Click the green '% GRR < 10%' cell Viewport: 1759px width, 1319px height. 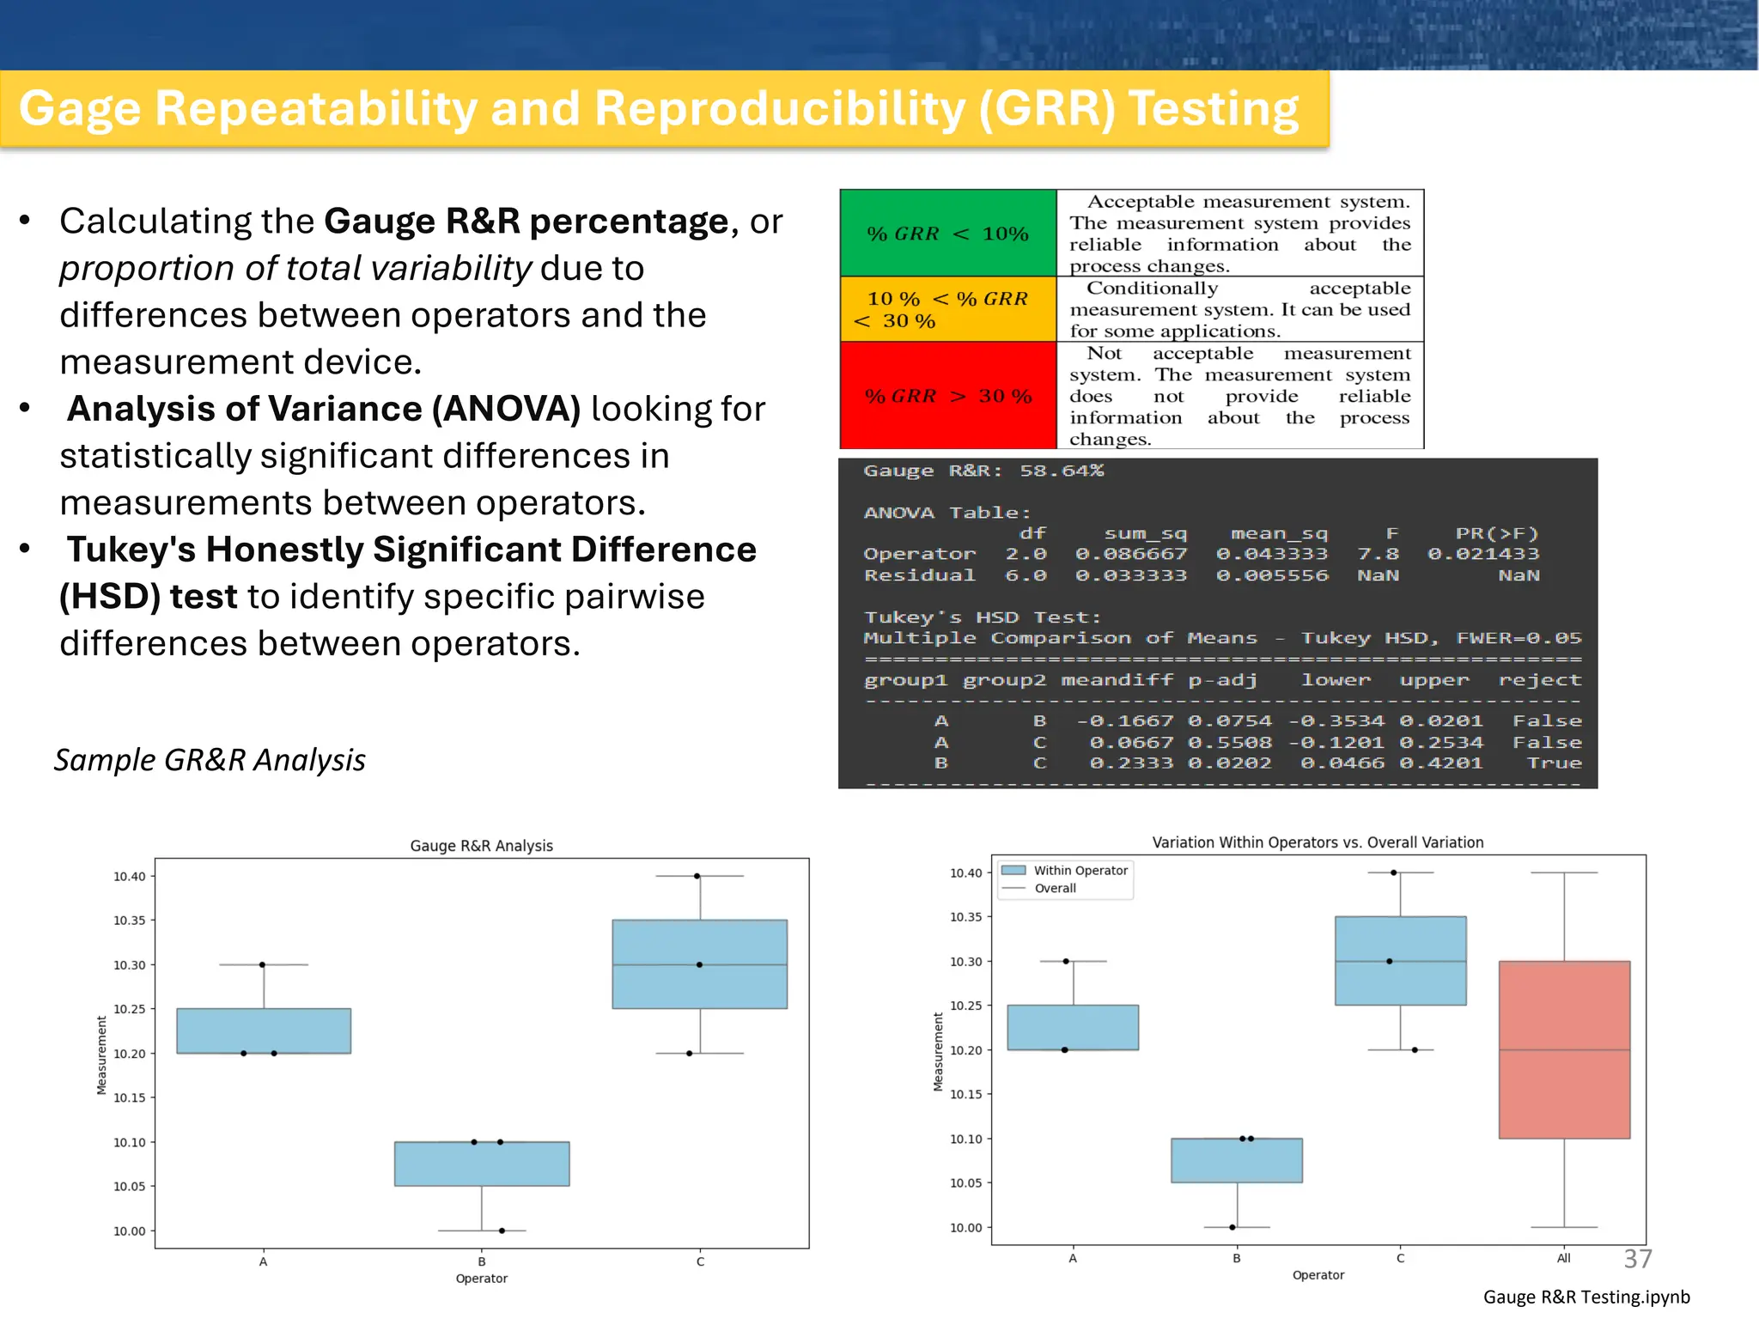pyautogui.click(x=947, y=233)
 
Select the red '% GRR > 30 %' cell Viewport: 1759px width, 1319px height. pyautogui.click(x=947, y=396)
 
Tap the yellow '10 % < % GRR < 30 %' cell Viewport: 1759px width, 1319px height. pyautogui.click(x=947, y=309)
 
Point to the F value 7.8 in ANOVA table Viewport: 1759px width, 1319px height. pyautogui.click(x=1378, y=554)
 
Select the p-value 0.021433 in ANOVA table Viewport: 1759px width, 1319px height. pyautogui.click(x=1483, y=554)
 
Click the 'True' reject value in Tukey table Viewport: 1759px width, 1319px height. pyautogui.click(x=1554, y=763)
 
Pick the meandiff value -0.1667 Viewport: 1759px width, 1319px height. pyautogui.click(x=1124, y=721)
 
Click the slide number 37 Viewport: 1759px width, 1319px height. pyautogui.click(x=1637, y=1259)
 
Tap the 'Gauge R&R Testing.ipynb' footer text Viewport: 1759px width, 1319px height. pyautogui.click(x=1586, y=1297)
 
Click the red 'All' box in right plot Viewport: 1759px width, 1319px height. pyautogui.click(x=1564, y=1049)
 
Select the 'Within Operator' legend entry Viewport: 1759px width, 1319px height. pyautogui.click(x=1080, y=871)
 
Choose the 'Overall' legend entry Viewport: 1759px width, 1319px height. pyautogui.click(x=1055, y=889)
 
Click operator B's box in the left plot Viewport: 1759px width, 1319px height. pyautogui.click(x=482, y=1164)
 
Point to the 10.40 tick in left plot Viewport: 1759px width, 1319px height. pyautogui.click(x=129, y=877)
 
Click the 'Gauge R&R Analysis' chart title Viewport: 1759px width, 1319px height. pyautogui.click(x=481, y=846)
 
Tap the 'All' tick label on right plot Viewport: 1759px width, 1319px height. pyautogui.click(x=1563, y=1258)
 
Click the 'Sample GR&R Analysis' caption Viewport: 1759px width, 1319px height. pyautogui.click(x=210, y=760)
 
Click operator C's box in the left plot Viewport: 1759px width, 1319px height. pyautogui.click(x=699, y=963)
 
